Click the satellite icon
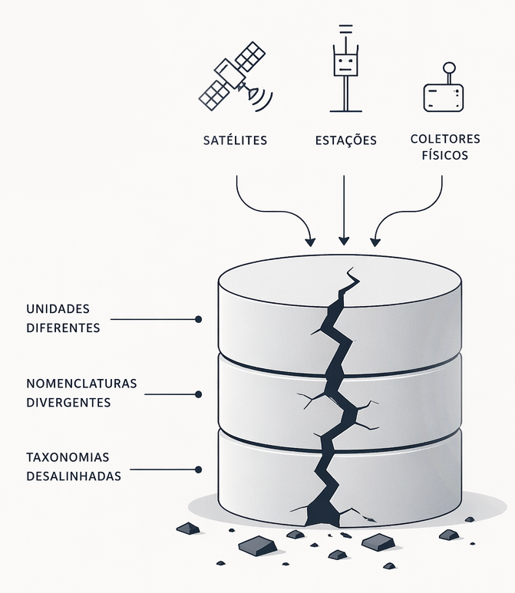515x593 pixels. point(234,77)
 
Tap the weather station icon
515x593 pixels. point(345,68)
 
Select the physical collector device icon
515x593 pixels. point(444,87)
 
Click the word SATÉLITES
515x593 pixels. point(235,140)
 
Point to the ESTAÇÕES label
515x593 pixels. point(346,140)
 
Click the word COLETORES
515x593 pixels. point(445,139)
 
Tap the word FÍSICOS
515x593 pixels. point(445,155)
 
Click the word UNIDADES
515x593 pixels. point(58,309)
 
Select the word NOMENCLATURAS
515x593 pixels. point(81,384)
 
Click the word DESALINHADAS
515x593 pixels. point(74,476)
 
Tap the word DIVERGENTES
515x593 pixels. point(68,403)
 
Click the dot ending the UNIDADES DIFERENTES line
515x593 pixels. point(198,320)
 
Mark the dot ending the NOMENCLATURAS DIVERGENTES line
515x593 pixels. point(198,394)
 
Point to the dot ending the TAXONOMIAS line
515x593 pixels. point(198,469)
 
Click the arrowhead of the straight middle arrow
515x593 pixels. point(344,241)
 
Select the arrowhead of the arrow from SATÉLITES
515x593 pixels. point(310,242)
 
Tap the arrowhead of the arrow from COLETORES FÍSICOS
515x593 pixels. point(375,242)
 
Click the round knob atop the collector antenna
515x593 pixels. point(449,68)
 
